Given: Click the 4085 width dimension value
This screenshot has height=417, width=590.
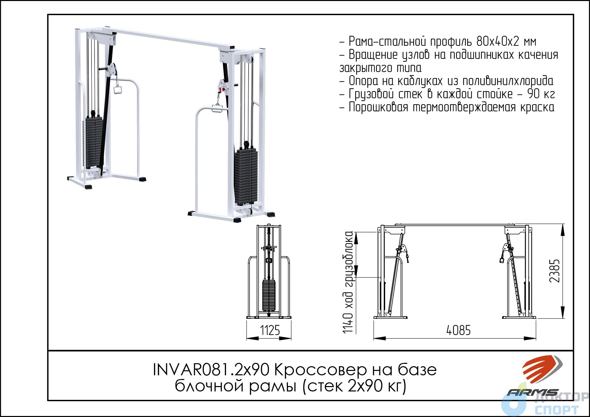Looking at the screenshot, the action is pyautogui.click(x=458, y=330).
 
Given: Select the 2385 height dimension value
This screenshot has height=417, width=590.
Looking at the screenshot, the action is pyautogui.click(x=555, y=271).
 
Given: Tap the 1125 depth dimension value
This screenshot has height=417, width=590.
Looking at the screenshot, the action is pyautogui.click(x=270, y=330).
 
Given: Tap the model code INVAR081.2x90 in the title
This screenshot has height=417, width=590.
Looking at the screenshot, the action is pyautogui.click(x=211, y=370).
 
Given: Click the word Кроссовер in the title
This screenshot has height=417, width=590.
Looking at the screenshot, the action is pyautogui.click(x=321, y=370).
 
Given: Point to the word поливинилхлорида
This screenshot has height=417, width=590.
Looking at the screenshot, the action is pyautogui.click(x=508, y=81).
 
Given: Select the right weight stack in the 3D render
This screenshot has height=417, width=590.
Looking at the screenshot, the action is pyautogui.click(x=246, y=176).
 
